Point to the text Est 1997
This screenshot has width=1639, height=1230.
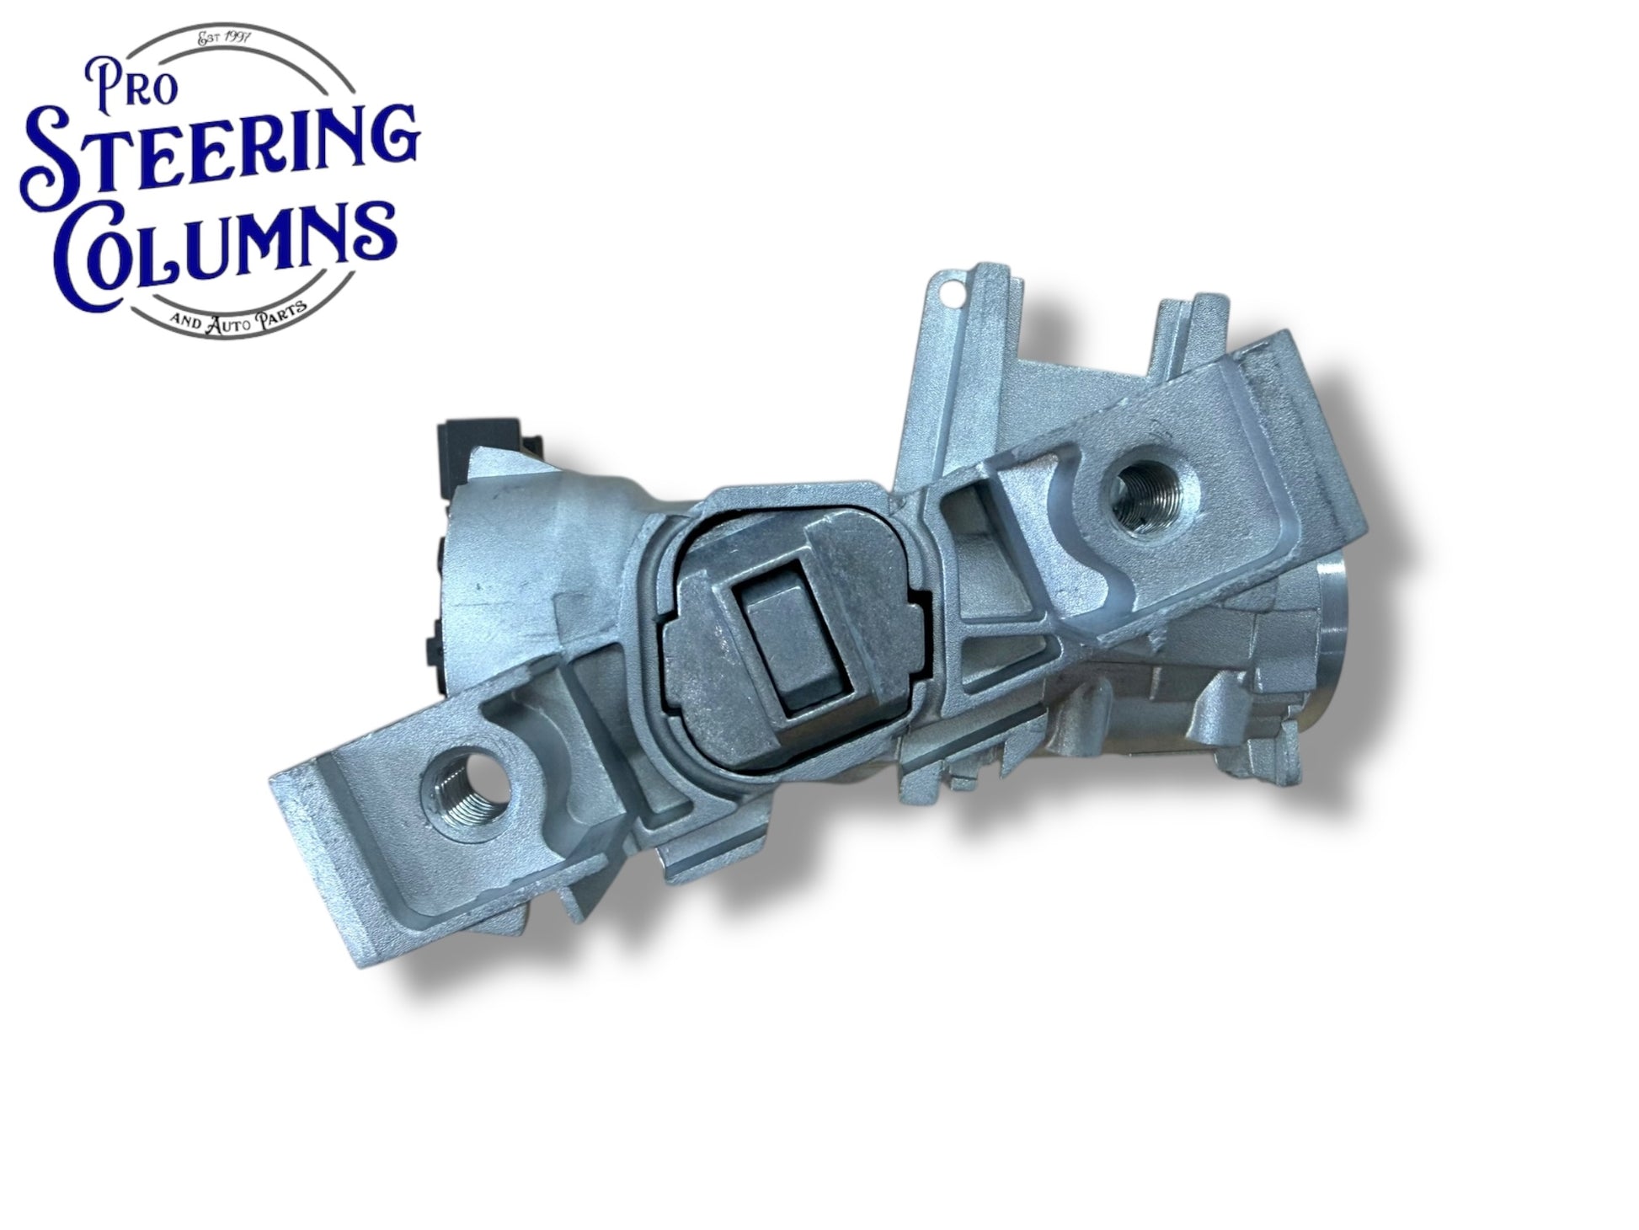pyautogui.click(x=229, y=37)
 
